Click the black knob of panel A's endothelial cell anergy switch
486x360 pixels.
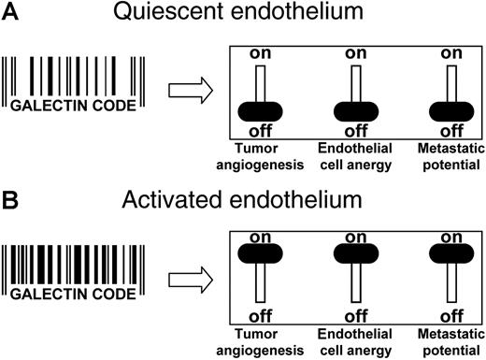(x=355, y=113)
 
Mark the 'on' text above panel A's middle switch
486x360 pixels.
(x=355, y=54)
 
